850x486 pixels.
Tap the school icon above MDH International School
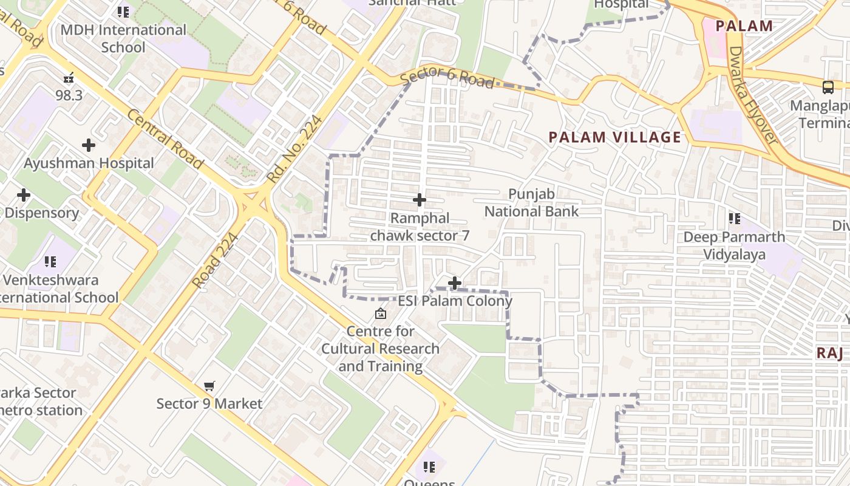[123, 12]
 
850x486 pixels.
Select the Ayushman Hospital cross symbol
[89, 145]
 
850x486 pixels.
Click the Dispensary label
[42, 213]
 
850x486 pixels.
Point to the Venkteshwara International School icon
[50, 262]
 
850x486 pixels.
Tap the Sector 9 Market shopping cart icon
[209, 386]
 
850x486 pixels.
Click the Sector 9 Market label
[209, 403]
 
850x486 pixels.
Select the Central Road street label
[165, 139]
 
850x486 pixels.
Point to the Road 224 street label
[215, 261]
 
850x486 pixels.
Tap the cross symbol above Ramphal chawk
[419, 199]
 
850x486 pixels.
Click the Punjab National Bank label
[531, 203]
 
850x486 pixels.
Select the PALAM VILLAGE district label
[615, 137]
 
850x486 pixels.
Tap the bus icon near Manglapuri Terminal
[828, 87]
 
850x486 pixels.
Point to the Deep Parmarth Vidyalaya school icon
[735, 218]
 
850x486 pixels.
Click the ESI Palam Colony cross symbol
[454, 283]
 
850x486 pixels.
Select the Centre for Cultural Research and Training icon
[381, 313]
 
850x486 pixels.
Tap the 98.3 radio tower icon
[69, 78]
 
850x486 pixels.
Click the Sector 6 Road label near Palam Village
[447, 79]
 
